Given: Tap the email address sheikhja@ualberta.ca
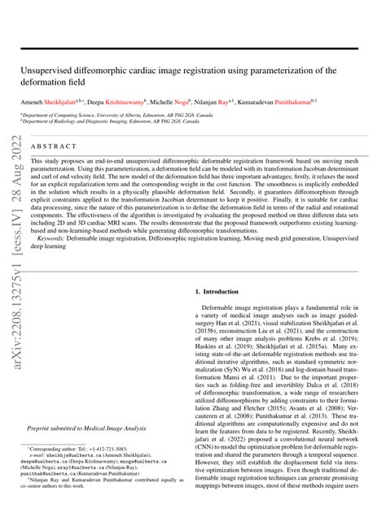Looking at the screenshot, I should point(72,457).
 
